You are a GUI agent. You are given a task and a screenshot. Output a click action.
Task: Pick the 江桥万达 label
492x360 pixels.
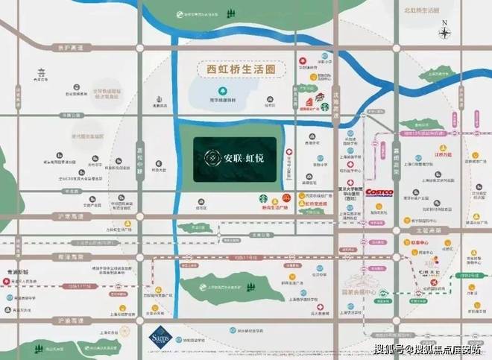pyautogui.click(x=444, y=154)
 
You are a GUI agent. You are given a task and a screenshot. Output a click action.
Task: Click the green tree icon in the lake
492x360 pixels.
pyautogui.click(x=222, y=93)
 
